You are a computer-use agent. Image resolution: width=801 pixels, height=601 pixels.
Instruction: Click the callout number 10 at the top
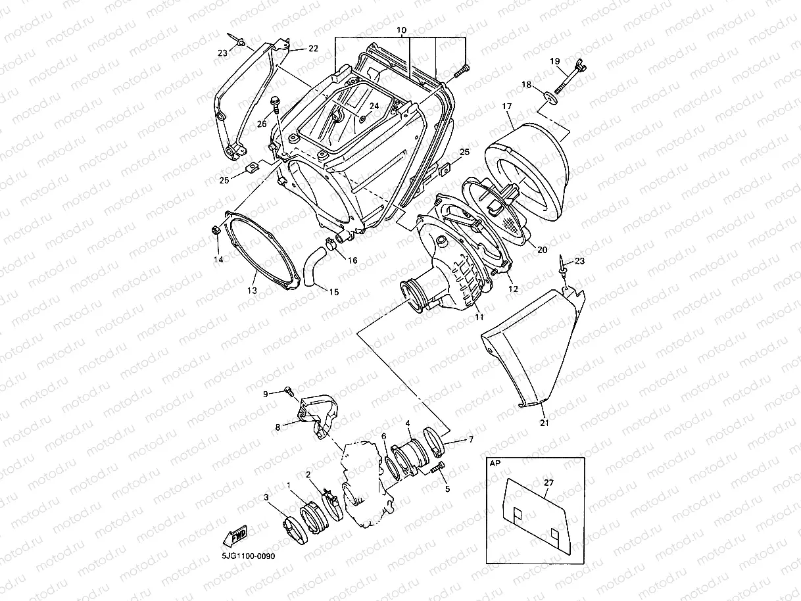coord(401,31)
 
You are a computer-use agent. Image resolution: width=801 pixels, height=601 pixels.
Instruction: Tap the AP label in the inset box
coord(494,463)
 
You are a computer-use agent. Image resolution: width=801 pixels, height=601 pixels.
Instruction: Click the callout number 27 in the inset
coord(548,483)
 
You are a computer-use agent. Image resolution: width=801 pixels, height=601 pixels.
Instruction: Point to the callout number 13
coord(252,290)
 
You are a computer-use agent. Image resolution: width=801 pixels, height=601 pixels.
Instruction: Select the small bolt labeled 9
coord(288,392)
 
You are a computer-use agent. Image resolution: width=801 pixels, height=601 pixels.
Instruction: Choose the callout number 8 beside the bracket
coord(278,427)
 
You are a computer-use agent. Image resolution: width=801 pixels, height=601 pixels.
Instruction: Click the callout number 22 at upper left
coord(312,49)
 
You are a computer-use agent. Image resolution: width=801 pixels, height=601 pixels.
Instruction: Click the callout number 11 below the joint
coord(479,317)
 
